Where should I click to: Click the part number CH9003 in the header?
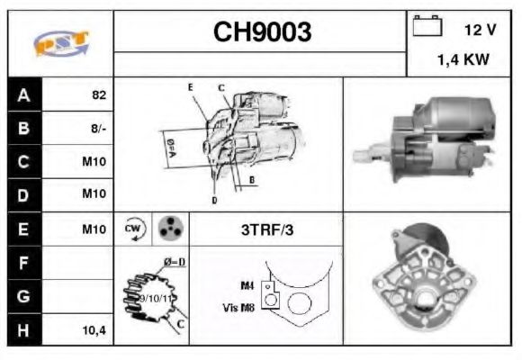[x=262, y=32]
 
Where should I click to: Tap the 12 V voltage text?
[x=480, y=30]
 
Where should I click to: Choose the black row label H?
[x=23, y=330]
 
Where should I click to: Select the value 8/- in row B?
[x=98, y=129]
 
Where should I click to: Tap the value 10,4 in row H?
[x=94, y=330]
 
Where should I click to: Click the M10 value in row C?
[x=94, y=162]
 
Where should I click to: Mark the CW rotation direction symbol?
[x=134, y=229]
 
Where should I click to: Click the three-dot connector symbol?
[x=168, y=229]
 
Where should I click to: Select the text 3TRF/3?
[x=266, y=229]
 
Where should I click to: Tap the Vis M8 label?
[x=238, y=307]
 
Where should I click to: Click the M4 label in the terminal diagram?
[x=247, y=286]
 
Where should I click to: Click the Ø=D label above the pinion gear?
[x=174, y=262]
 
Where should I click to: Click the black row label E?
[x=23, y=229]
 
